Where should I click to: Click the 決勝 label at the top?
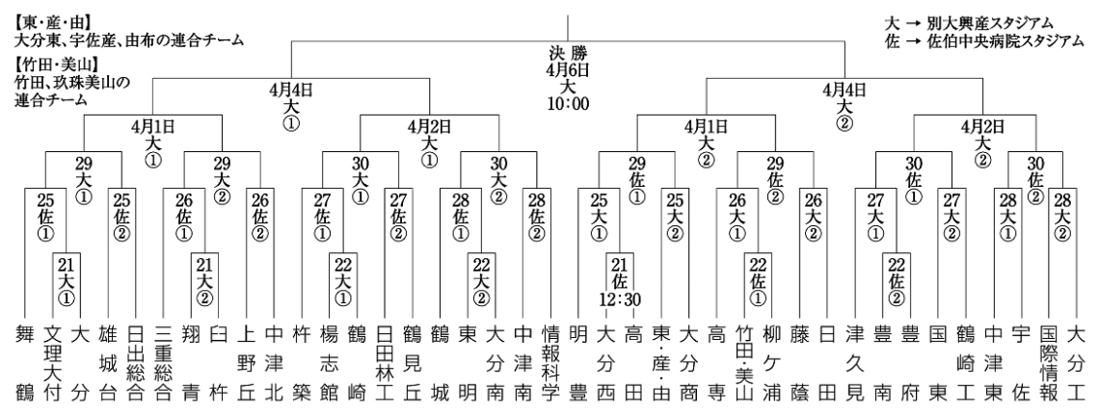pos(568,55)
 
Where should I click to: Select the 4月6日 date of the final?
pos(568,71)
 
